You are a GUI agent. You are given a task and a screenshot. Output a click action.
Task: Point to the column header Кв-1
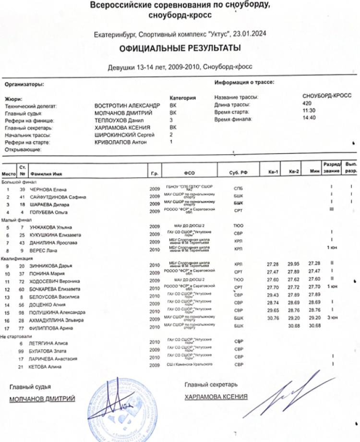[x=273, y=172]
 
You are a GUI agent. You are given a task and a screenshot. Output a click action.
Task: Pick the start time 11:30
[x=310, y=110]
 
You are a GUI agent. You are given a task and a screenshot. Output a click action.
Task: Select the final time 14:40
[x=310, y=118]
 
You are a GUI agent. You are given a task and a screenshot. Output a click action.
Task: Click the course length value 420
[x=307, y=103]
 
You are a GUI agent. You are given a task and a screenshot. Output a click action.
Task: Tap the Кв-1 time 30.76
[x=272, y=319]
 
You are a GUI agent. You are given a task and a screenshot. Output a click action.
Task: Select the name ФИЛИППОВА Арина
[x=53, y=328]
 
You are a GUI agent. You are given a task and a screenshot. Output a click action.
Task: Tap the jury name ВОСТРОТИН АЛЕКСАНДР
[x=127, y=104]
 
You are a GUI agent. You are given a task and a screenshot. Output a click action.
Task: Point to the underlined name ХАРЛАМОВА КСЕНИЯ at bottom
[x=216, y=397]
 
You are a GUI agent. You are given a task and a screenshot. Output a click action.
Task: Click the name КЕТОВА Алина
[x=47, y=367]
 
